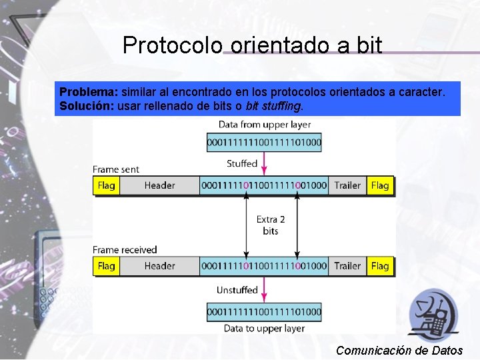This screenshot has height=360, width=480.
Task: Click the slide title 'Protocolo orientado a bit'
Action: [x=252, y=45]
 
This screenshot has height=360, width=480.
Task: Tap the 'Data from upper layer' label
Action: [x=264, y=125]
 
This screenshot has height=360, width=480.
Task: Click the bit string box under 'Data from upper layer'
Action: [x=264, y=142]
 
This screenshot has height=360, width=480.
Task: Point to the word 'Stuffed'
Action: [x=242, y=163]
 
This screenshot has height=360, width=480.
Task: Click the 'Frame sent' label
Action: [x=116, y=169]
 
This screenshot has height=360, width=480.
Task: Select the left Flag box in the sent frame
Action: [x=107, y=185]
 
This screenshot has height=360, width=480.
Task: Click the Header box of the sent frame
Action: [x=159, y=185]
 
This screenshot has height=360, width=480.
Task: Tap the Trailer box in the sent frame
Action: [x=347, y=185]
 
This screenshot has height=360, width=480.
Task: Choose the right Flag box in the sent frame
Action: [x=380, y=185]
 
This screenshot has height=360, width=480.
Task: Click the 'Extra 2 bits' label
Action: [x=271, y=225]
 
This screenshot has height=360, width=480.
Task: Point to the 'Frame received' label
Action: [x=125, y=250]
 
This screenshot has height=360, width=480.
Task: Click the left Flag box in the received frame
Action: [x=107, y=266]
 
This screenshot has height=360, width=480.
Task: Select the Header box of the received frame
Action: [x=159, y=266]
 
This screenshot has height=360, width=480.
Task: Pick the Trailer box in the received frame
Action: [x=347, y=266]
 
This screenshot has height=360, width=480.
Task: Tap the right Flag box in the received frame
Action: [x=380, y=266]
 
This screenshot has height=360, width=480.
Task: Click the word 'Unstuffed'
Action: [x=237, y=290]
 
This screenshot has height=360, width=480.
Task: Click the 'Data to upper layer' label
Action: [x=264, y=328]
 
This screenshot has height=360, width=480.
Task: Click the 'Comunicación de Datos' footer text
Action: [x=399, y=350]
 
